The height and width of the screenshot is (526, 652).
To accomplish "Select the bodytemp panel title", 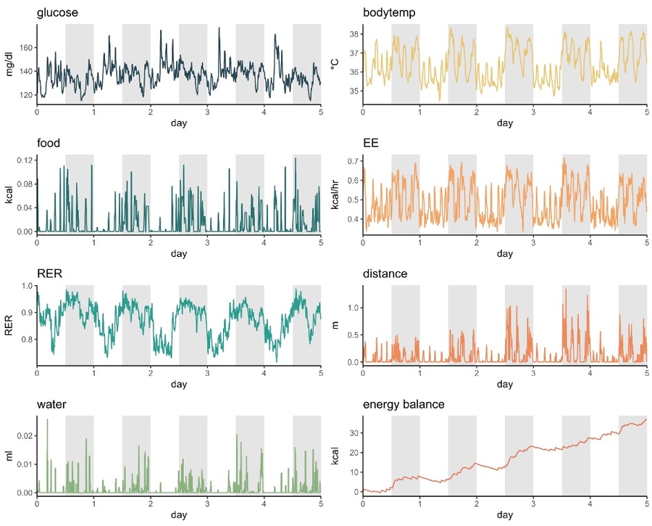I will pos(388,13).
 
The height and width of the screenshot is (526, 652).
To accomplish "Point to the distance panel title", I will pos(388,274).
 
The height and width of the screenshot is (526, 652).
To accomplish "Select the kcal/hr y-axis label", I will pos(335,194).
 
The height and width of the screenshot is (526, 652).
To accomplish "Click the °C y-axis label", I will pos(335,63).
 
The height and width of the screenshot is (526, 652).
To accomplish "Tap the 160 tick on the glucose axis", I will pos(25,47).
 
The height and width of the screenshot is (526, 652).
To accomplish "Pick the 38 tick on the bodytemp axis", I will pos(353,34).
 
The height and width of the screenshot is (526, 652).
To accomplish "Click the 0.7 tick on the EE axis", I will pos(353,160).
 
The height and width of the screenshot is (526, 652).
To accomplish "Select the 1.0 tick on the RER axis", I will pos(28,287).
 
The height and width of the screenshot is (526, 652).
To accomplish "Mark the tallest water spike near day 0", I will pos(48,420).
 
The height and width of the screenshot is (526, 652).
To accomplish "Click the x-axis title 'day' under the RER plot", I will pos(178,385).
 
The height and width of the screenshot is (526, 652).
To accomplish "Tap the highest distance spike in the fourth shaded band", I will pos(565,289).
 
